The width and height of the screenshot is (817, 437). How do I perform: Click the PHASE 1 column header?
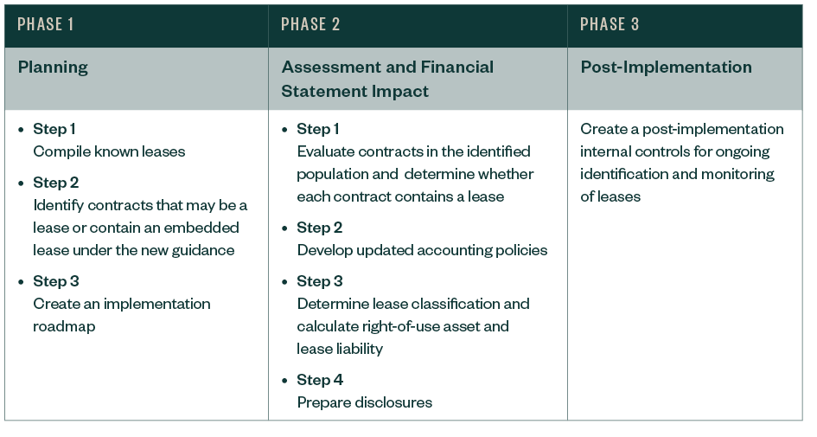(45, 24)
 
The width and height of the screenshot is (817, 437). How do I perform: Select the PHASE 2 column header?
(310, 24)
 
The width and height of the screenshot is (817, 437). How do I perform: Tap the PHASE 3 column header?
(610, 24)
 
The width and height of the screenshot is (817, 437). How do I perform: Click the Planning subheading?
(53, 67)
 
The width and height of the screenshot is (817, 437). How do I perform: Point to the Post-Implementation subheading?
(666, 67)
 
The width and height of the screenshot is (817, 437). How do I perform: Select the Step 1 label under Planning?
(54, 129)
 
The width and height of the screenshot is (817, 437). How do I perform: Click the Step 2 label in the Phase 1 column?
(55, 183)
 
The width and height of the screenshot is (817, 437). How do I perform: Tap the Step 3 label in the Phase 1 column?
(55, 281)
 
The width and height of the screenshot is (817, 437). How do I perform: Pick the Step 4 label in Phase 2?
(320, 380)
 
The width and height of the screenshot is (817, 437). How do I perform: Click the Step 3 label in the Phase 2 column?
(319, 281)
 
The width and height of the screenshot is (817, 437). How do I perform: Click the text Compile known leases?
(109, 151)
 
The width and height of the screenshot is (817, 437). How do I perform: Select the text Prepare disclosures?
(364, 402)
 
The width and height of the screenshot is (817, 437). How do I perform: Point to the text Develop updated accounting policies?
(422, 250)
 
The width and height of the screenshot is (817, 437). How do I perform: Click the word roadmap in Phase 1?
(64, 326)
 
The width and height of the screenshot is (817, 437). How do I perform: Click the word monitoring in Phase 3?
(737, 174)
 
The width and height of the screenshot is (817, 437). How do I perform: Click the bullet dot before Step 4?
(285, 380)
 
